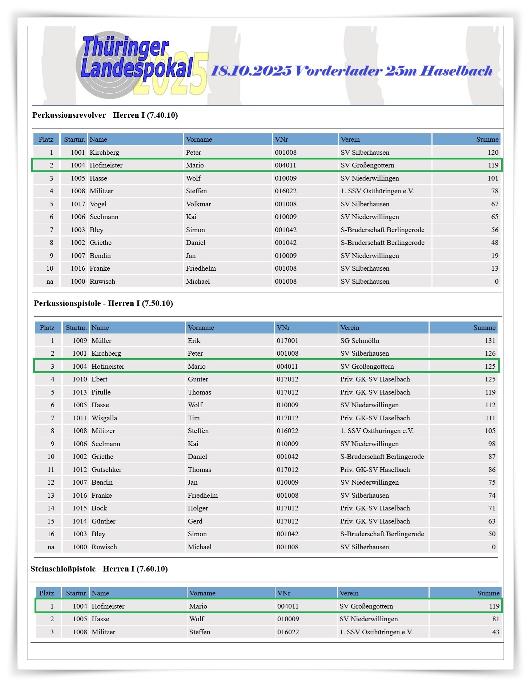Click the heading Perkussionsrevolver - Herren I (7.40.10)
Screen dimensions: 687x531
[x=105, y=115]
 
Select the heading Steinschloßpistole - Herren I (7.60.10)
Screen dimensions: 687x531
[x=99, y=569]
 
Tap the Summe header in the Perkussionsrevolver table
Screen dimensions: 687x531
[x=487, y=140]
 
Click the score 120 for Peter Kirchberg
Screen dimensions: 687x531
[x=493, y=153]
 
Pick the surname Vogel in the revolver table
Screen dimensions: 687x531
[x=98, y=204]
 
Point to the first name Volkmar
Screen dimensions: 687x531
[x=198, y=204]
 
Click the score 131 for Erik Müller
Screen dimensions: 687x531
[x=490, y=341]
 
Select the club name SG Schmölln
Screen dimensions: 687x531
[x=360, y=341]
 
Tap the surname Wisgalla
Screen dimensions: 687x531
[x=104, y=418]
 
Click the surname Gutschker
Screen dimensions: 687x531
[x=106, y=470]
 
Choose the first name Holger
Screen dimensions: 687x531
[x=198, y=508]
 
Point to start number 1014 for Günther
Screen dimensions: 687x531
[x=80, y=521]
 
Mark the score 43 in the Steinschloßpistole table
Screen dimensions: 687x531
[x=495, y=632]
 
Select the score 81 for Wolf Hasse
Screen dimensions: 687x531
[x=495, y=619]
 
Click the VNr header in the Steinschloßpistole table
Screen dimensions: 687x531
[x=284, y=593]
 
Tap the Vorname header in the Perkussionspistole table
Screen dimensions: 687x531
[x=201, y=328]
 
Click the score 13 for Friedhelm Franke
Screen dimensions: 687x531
[x=495, y=268]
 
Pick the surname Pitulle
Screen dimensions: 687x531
[x=101, y=392]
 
